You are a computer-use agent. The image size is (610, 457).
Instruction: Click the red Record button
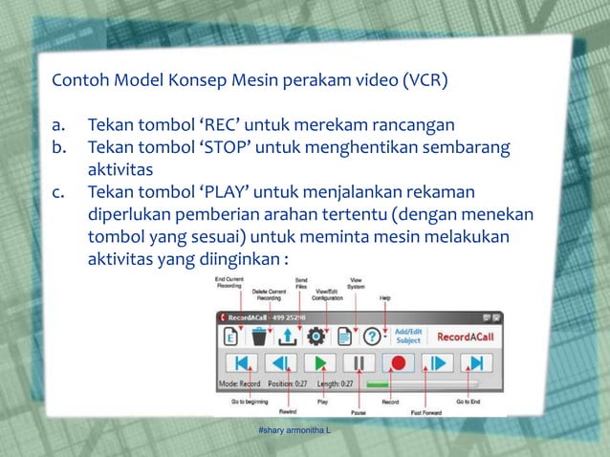point(400,363)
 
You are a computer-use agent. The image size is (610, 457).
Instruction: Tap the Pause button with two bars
point(359,363)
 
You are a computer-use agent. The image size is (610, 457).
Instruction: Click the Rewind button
point(280,363)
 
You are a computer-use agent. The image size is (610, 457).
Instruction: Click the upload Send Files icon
point(287,337)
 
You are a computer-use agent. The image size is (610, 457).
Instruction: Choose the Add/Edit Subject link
point(409,337)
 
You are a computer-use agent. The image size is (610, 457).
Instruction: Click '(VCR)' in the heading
point(420,79)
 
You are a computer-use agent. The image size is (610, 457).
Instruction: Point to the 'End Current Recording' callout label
point(229,281)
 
